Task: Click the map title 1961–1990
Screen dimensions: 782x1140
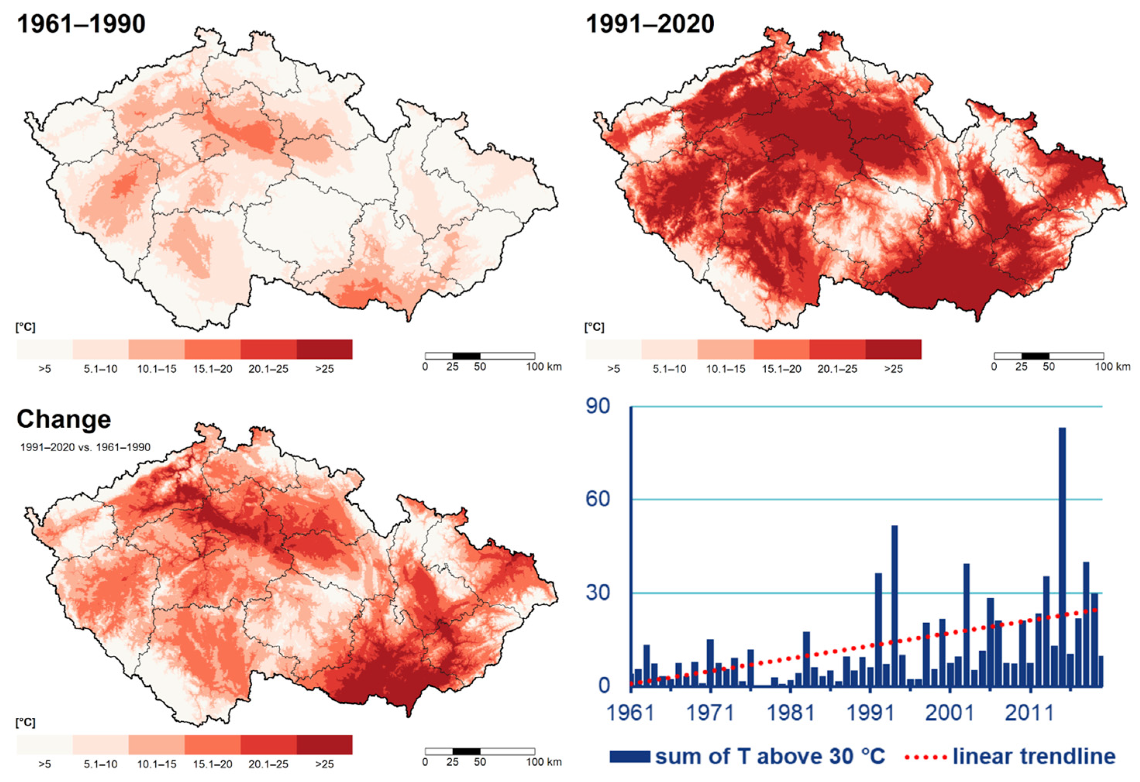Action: (81, 24)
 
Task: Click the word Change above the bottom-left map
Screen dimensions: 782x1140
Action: (64, 420)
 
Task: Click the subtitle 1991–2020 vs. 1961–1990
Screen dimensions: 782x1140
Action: (85, 447)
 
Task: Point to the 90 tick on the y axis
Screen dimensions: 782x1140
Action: (598, 406)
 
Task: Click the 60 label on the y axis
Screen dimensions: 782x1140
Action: (598, 499)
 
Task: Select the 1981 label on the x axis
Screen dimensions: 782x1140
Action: (790, 712)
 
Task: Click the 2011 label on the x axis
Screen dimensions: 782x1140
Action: (1030, 712)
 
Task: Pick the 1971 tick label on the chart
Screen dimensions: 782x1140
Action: (710, 712)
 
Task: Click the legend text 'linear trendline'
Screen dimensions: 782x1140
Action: (1034, 756)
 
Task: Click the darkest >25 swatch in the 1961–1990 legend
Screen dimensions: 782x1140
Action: (324, 349)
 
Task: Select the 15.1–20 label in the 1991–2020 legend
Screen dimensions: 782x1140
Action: (782, 369)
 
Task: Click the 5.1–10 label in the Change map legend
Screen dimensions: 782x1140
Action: (101, 764)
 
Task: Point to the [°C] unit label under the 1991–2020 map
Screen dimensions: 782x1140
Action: (594, 327)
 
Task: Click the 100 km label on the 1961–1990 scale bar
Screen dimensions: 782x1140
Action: (544, 367)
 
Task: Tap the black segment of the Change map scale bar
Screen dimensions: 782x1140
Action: (466, 751)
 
